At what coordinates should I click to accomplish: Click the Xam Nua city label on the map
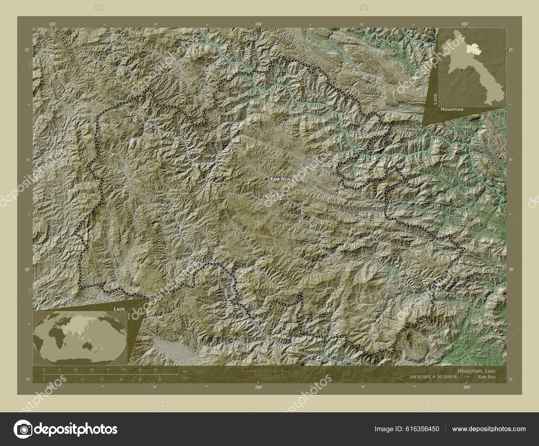279,179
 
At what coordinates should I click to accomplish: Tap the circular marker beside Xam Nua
266,179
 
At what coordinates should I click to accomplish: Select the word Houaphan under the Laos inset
452,109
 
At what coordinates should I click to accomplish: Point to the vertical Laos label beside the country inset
435,99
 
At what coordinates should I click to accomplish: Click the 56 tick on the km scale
156,370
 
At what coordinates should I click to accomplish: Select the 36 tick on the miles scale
160,379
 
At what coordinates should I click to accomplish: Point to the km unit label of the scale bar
185,371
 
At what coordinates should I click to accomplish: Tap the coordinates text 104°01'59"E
421,377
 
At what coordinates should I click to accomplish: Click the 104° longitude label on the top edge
258,24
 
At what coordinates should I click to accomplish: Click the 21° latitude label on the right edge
510,50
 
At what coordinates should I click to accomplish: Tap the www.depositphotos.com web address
488,429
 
